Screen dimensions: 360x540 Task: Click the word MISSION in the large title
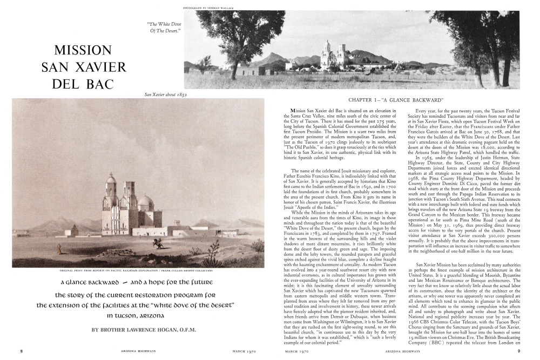click(x=83, y=51)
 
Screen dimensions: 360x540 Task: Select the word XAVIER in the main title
click(x=100, y=67)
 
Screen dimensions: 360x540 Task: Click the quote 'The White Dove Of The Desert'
click(x=164, y=27)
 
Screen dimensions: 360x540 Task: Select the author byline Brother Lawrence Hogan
click(x=144, y=329)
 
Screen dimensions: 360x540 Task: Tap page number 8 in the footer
click(x=22, y=351)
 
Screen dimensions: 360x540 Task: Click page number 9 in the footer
click(x=519, y=351)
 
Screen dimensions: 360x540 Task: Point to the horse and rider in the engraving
click(x=158, y=243)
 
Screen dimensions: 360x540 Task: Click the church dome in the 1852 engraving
click(x=146, y=203)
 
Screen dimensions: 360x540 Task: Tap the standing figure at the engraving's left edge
click(x=59, y=249)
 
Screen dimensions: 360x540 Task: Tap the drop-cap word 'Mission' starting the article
click(x=301, y=111)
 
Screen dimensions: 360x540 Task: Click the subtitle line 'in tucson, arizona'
click(x=143, y=315)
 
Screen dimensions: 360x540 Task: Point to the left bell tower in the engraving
click(x=111, y=202)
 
